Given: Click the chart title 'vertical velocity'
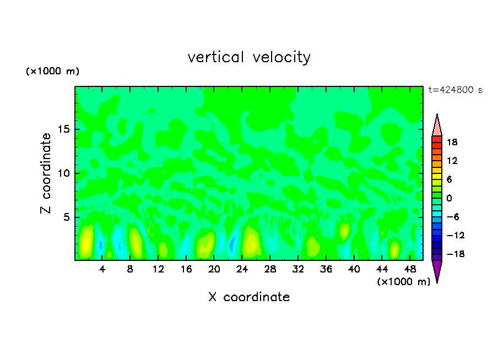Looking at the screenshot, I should (x=249, y=57).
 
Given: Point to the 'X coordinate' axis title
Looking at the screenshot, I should (x=249, y=297).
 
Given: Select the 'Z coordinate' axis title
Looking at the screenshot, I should (x=46, y=173).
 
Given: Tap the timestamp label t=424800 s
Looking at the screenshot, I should (x=456, y=90).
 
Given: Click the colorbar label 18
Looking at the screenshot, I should (x=452, y=142).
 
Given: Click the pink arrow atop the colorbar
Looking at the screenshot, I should (x=437, y=125).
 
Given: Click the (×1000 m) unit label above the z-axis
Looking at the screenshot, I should (x=52, y=72).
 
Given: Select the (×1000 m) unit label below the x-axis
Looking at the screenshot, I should (x=403, y=282).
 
